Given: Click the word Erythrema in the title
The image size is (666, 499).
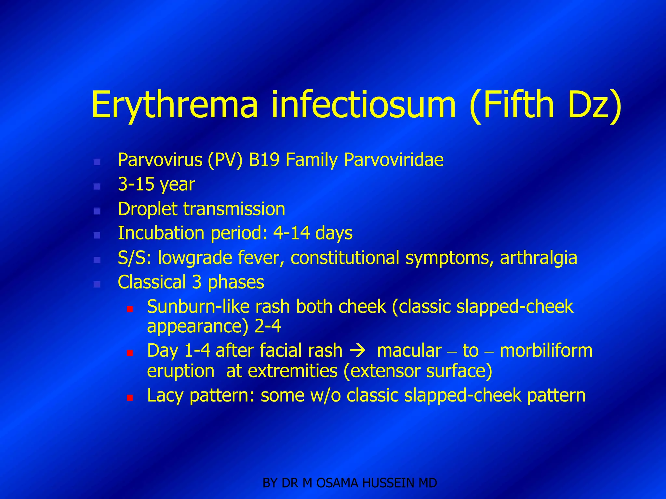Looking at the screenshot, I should click(x=175, y=105).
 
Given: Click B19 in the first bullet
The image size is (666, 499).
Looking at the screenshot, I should click(x=264, y=160).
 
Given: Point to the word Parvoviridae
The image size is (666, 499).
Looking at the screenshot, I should click(x=393, y=160).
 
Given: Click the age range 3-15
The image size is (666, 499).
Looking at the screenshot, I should click(x=136, y=185).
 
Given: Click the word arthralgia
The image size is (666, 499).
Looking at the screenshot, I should click(x=539, y=258).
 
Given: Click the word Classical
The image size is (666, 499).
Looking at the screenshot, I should click(x=152, y=282).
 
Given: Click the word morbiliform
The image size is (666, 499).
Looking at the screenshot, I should click(x=546, y=351).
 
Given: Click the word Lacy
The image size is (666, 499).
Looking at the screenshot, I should click(x=166, y=395).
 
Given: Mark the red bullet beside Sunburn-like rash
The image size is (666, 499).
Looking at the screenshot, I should click(x=130, y=309).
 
